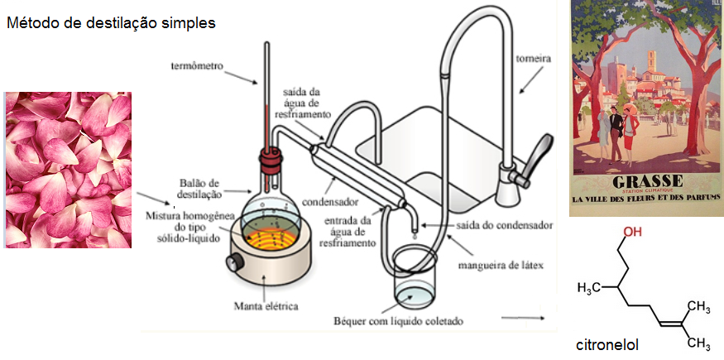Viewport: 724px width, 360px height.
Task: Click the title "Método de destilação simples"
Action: (x=111, y=22)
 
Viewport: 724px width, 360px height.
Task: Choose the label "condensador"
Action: (x=331, y=202)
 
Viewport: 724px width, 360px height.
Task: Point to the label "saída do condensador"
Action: (x=505, y=226)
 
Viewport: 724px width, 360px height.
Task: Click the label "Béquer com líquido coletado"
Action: (x=398, y=320)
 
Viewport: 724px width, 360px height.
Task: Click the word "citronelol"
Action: (x=607, y=345)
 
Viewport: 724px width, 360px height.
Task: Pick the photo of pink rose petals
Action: (x=68, y=170)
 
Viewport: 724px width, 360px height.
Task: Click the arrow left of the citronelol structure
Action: (x=523, y=318)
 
